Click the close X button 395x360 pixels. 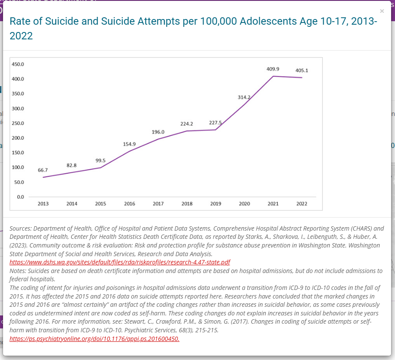pos(382,11)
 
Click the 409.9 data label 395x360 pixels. pos(273,69)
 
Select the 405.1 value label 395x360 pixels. pos(302,71)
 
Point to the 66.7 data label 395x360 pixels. pos(43,170)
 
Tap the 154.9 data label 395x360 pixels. pos(129,144)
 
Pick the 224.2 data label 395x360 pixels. pos(187,124)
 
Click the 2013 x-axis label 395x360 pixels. pos(43,204)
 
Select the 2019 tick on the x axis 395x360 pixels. pos(216,204)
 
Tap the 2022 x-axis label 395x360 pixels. pos(302,204)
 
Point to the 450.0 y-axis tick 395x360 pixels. pos(18,64)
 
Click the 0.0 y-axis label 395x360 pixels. pos(20,197)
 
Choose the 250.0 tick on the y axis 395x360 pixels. pos(18,123)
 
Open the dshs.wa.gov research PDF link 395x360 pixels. pos(120,262)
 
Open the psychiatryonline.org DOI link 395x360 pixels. pos(95,338)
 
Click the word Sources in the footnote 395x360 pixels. pos(21,228)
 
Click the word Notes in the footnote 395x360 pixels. pos(18,271)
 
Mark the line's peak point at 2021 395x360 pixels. pos(273,76)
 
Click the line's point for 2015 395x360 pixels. pos(101,167)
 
